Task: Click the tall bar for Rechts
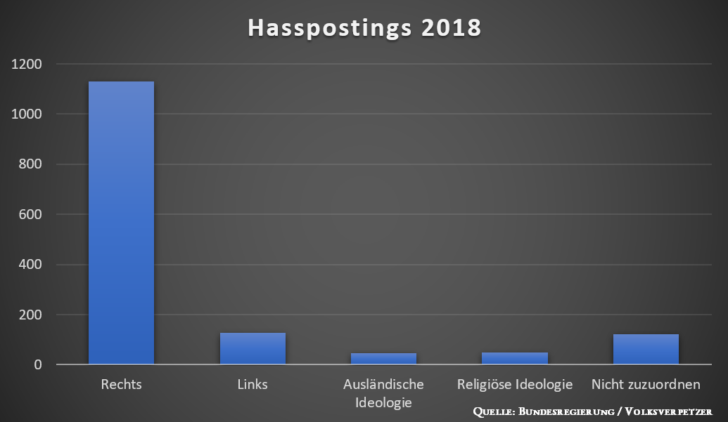[121, 223]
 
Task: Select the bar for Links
[253, 348]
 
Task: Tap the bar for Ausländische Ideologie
[383, 359]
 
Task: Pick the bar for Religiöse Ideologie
[515, 358]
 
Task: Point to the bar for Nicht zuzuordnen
[646, 349]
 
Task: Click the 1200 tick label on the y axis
[27, 64]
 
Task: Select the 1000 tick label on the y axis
[27, 114]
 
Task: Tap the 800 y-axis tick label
[30, 164]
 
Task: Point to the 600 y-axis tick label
[30, 214]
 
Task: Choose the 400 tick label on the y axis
[30, 265]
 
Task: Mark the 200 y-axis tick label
[30, 315]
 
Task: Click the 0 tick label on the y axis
[37, 365]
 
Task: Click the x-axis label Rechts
[121, 384]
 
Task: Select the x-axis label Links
[253, 384]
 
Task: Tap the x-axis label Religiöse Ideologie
[515, 385]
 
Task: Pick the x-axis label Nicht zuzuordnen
[646, 384]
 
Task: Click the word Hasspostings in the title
[330, 28]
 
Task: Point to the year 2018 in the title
[452, 28]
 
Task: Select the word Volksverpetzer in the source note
[669, 411]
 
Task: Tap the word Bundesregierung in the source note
[566, 411]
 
